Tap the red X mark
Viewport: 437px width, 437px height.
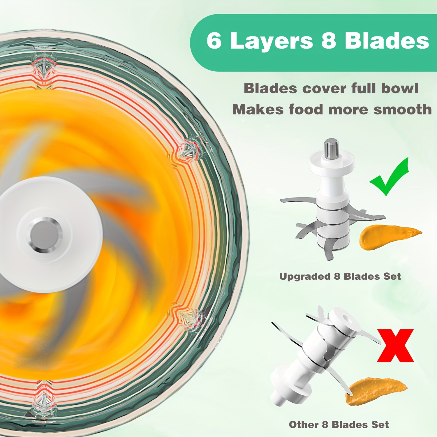(x=395, y=346)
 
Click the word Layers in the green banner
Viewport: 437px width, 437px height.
(x=271, y=41)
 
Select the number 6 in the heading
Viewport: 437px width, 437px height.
(x=214, y=41)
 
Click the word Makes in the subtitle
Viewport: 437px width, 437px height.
(x=258, y=110)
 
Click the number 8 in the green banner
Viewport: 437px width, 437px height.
(x=329, y=41)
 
